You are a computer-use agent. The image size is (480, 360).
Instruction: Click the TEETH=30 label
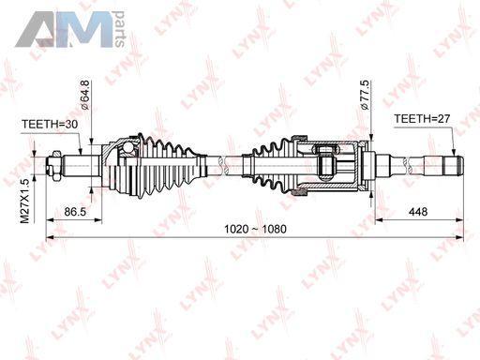pyautogui.click(x=50, y=125)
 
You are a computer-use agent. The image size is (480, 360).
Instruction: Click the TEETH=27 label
pyautogui.click(x=422, y=119)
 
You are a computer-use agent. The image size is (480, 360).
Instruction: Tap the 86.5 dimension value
pyautogui.click(x=75, y=212)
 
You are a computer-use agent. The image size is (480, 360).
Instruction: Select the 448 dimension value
pyautogui.click(x=418, y=212)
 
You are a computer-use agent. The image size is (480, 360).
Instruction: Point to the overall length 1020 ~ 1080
pyautogui.click(x=255, y=229)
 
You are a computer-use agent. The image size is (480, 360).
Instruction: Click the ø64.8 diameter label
pyautogui.click(x=84, y=95)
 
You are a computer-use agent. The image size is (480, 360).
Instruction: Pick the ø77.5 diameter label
pyautogui.click(x=365, y=95)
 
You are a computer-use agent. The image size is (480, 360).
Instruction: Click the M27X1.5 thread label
pyautogui.click(x=24, y=201)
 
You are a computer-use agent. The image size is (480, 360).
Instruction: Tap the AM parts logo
pyautogui.click(x=70, y=29)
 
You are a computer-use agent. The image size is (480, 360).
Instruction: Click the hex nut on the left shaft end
pyautogui.click(x=56, y=166)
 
